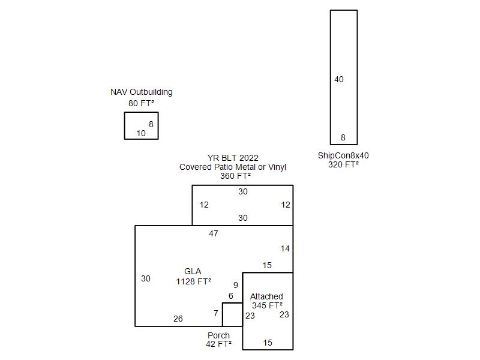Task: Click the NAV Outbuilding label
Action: click(x=142, y=92)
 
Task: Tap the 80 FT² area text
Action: click(x=141, y=103)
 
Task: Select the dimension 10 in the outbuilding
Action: click(x=141, y=133)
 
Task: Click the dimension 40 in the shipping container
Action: click(x=339, y=80)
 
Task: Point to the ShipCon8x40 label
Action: click(x=343, y=155)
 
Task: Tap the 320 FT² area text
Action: click(x=343, y=164)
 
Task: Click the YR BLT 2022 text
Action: click(x=233, y=158)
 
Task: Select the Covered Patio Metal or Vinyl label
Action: click(x=233, y=167)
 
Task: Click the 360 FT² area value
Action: click(x=235, y=176)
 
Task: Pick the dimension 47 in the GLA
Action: click(x=214, y=233)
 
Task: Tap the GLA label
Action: click(x=193, y=272)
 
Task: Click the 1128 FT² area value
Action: click(x=193, y=281)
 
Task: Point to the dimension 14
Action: click(x=285, y=248)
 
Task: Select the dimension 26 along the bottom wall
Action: click(x=178, y=319)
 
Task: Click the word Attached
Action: click(x=266, y=296)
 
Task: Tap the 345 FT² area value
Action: click(x=267, y=305)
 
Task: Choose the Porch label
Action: click(x=218, y=335)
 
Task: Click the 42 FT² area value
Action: click(x=218, y=344)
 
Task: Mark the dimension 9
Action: click(x=235, y=286)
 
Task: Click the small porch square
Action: click(x=223, y=314)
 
